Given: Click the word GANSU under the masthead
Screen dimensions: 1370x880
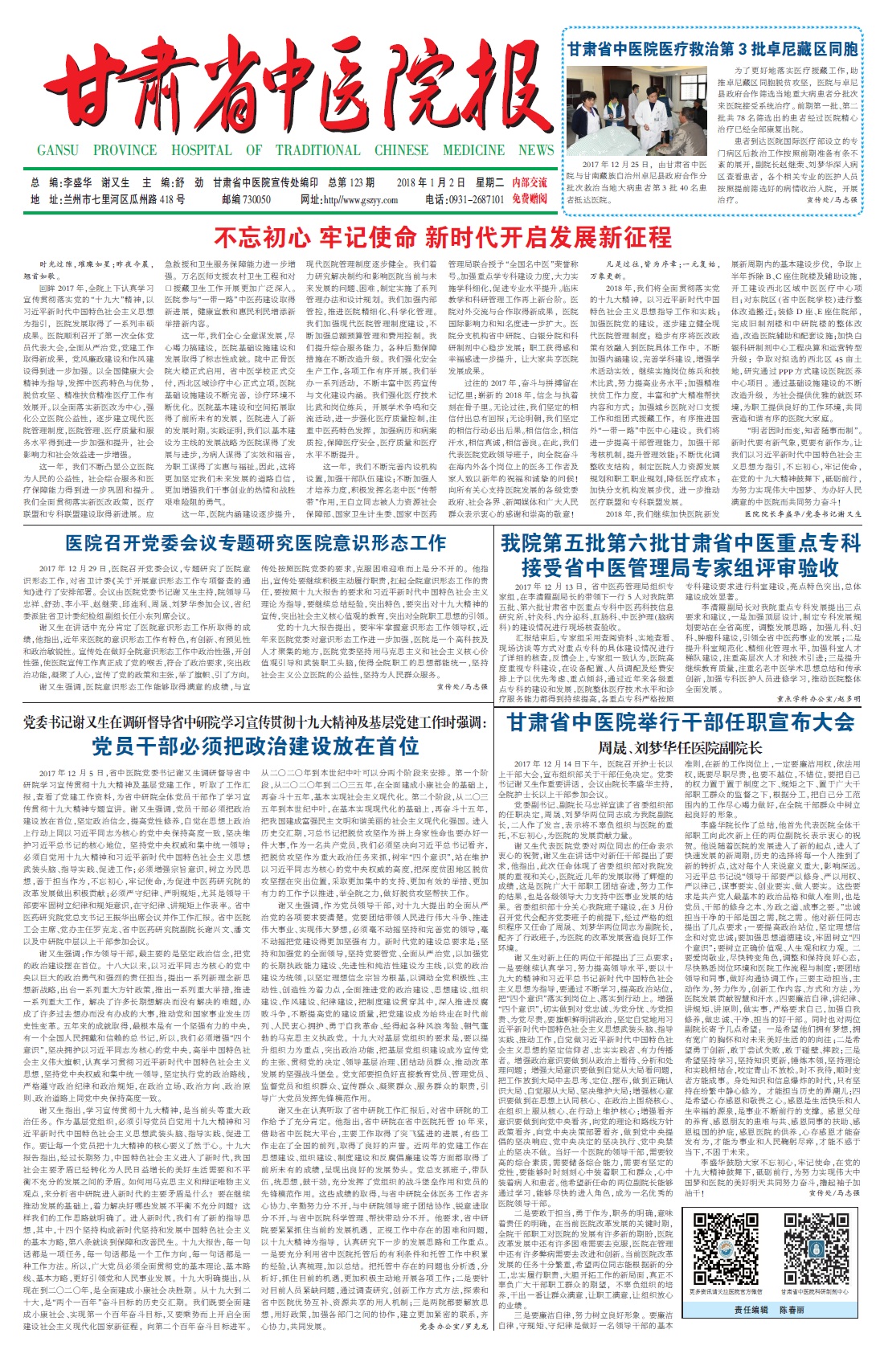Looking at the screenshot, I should point(58,150).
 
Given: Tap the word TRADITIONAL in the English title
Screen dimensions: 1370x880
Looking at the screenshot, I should point(317,150).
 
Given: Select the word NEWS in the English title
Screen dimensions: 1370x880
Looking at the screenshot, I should point(536,150).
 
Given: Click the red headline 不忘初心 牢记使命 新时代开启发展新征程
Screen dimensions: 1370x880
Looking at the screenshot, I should point(442,238).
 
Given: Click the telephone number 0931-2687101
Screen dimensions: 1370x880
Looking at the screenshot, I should point(475,199).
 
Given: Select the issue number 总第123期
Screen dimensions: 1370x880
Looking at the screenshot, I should point(351,182).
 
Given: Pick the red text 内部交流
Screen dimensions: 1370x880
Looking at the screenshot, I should point(530,182).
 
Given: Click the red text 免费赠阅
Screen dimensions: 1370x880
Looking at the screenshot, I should point(530,199).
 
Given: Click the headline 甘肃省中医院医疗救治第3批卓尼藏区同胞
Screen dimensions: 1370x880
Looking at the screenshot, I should point(712,49).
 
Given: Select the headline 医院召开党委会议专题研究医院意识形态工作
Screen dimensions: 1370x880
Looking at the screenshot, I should point(256,543).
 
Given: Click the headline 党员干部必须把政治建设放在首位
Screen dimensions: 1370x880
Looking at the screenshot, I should point(256,746).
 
